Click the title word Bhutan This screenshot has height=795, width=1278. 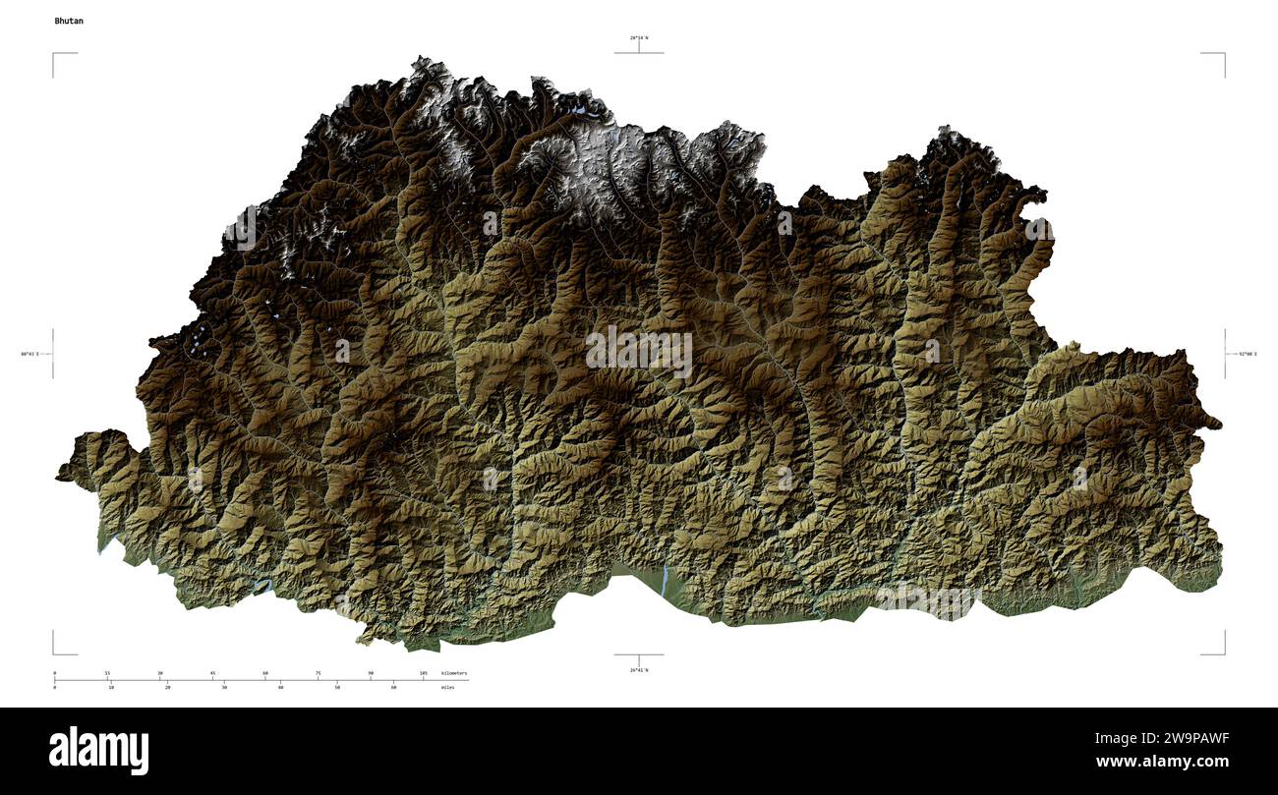point(69,21)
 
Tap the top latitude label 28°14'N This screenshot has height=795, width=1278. point(639,38)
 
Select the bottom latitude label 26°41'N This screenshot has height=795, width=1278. point(639,669)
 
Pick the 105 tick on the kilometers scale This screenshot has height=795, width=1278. point(423,673)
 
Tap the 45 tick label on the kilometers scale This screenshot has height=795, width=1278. point(212,673)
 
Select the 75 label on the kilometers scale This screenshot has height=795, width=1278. point(318,673)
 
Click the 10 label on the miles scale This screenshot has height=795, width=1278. point(111,687)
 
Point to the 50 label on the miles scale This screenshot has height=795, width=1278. point(337,687)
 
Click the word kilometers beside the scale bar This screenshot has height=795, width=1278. point(454,673)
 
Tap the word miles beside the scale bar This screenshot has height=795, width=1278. point(448,687)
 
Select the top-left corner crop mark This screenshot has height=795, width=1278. point(54,55)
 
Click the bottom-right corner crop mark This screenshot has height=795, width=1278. point(1223,652)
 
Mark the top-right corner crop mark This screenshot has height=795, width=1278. point(1223,55)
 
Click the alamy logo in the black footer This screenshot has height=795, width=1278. point(98,750)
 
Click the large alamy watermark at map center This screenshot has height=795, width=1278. point(639,352)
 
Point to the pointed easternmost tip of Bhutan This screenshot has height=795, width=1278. point(1220,426)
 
